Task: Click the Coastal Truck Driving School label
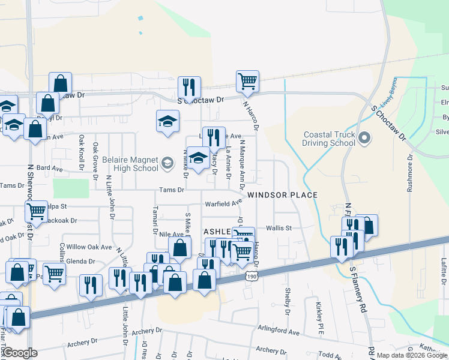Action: click(x=329, y=140)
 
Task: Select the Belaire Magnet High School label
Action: click(x=130, y=164)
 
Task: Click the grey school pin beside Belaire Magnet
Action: click(x=168, y=160)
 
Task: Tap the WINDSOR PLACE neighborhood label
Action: click(x=282, y=195)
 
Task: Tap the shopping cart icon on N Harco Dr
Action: click(x=247, y=80)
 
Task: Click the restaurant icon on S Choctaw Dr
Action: click(x=189, y=88)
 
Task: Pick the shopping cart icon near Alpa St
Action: click(x=37, y=211)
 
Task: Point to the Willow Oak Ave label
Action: click(x=89, y=247)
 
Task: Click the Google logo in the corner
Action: click(x=19, y=353)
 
